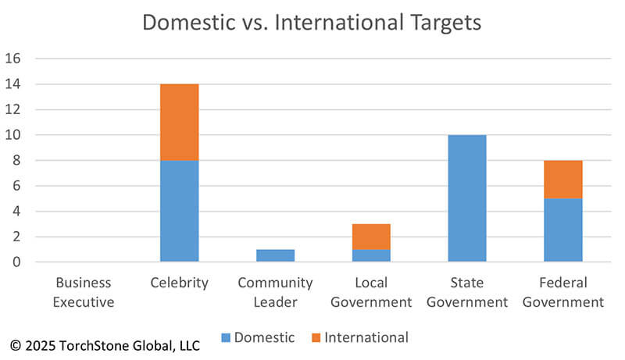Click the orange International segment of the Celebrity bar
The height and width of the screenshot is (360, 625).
pyautogui.click(x=180, y=122)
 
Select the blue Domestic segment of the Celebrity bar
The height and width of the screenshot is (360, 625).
pyautogui.click(x=180, y=211)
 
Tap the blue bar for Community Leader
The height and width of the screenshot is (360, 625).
pyautogui.click(x=275, y=255)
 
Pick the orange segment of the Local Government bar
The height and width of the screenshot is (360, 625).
pyautogui.click(x=371, y=236)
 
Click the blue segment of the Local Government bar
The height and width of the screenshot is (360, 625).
pyautogui.click(x=371, y=255)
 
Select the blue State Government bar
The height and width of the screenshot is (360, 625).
pyautogui.click(x=467, y=198)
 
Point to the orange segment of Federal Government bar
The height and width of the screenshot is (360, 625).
pyautogui.click(x=563, y=179)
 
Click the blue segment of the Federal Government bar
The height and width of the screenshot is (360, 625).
pyautogui.click(x=563, y=230)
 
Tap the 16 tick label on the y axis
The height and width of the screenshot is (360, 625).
pyautogui.click(x=15, y=59)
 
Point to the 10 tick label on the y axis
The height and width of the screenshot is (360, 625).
pyautogui.click(x=15, y=135)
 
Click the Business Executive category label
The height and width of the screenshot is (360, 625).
pyautogui.click(x=83, y=292)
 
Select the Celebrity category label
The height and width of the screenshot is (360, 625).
pyautogui.click(x=180, y=283)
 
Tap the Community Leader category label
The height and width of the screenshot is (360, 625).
pyautogui.click(x=275, y=292)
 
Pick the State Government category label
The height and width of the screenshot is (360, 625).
pyautogui.click(x=467, y=292)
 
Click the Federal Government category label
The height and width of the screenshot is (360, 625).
pyautogui.click(x=563, y=292)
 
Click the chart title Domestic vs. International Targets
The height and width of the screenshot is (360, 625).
pyautogui.click(x=312, y=22)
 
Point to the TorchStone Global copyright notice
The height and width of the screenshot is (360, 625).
pyautogui.click(x=105, y=344)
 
